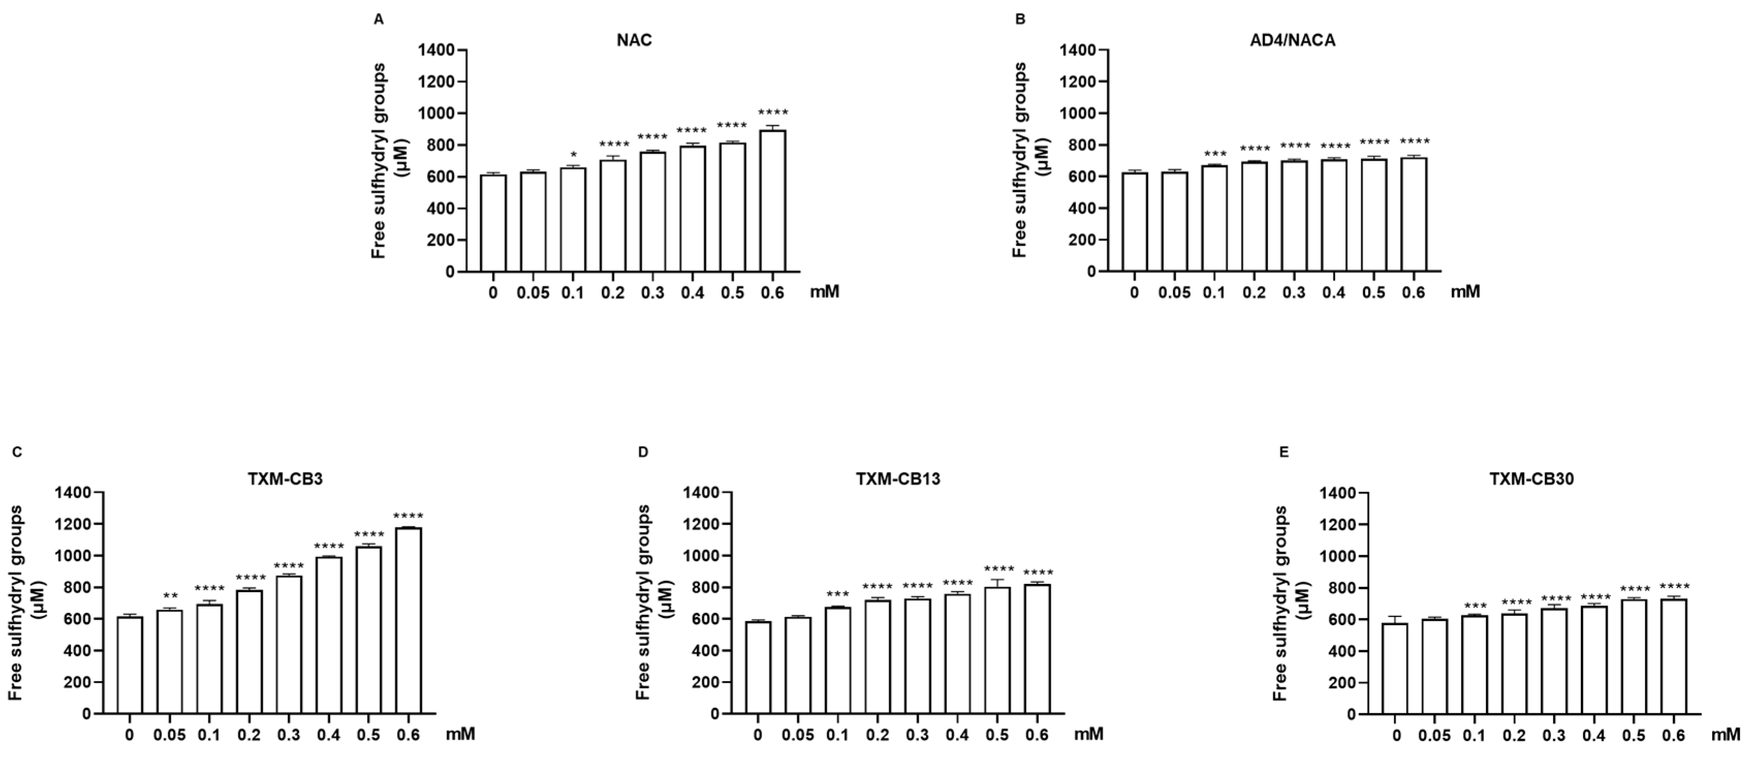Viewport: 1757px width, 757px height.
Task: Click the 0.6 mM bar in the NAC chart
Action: click(x=773, y=202)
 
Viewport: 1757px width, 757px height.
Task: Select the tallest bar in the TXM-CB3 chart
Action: click(x=408, y=621)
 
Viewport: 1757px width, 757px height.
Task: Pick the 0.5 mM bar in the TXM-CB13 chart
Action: click(x=996, y=651)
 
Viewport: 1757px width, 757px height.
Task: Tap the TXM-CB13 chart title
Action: click(x=897, y=479)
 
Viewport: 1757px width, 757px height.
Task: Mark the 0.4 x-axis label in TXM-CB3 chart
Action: click(x=329, y=736)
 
